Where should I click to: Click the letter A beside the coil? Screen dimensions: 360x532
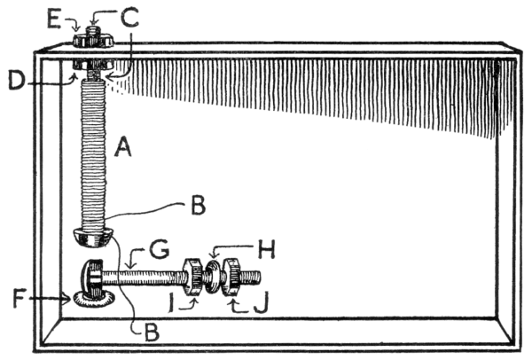coord(123,151)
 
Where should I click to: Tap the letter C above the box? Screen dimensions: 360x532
coord(131,15)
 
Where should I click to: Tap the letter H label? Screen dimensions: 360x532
coord(268,250)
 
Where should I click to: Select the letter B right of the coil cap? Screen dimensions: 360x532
coord(199,208)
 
